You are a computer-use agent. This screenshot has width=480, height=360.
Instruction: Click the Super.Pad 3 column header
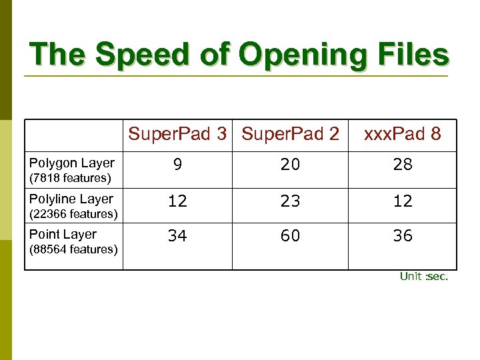click(177, 134)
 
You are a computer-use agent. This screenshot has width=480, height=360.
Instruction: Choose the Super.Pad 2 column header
click(290, 134)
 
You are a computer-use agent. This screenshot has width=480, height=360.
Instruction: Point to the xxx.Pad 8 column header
click(403, 134)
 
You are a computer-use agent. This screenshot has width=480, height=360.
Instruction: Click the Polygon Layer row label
click(72, 163)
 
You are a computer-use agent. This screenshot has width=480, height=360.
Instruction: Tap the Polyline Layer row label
click(71, 199)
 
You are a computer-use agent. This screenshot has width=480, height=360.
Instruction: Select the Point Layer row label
click(63, 234)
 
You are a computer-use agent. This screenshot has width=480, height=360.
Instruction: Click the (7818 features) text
click(70, 178)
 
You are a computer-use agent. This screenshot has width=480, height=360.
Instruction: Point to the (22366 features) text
click(73, 214)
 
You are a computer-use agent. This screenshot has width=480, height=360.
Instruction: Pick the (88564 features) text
click(73, 249)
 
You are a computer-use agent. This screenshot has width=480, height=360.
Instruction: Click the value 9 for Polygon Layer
click(177, 165)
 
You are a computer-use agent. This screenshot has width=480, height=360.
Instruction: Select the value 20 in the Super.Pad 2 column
click(290, 165)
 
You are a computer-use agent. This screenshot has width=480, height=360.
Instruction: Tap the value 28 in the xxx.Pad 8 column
click(403, 165)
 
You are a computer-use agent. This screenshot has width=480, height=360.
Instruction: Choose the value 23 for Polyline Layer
click(290, 201)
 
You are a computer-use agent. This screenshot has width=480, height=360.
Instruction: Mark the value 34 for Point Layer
click(177, 236)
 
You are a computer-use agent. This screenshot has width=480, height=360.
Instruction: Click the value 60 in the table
click(290, 236)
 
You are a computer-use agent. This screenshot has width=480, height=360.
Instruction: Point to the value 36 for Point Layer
click(403, 236)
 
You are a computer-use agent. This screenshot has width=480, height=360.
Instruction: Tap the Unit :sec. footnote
click(424, 277)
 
